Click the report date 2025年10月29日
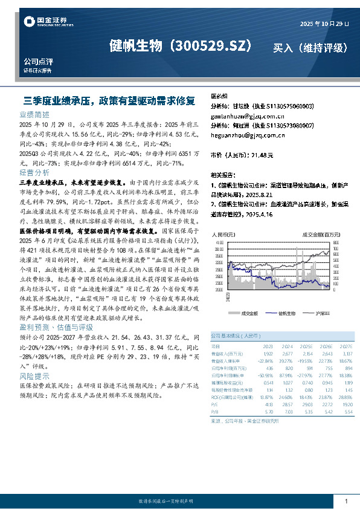(x=325, y=23)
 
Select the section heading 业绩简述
(x=35, y=114)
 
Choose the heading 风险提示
(x=35, y=376)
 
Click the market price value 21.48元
(x=262, y=155)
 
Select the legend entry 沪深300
(x=323, y=314)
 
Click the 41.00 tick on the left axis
(x=219, y=242)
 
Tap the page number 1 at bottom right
(x=346, y=501)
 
